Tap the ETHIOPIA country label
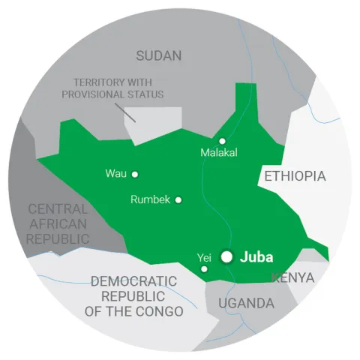[294, 176]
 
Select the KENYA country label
[292, 278]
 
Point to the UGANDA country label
[245, 303]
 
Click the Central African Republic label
[57, 223]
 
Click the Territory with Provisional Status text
[118, 88]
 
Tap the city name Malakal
[219, 153]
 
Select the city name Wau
[115, 174]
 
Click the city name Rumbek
[151, 199]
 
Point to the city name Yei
[203, 257]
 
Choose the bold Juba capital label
[257, 257]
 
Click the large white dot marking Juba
[227, 256]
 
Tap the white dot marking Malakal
[222, 141]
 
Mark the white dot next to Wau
[135, 174]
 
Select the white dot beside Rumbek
[178, 199]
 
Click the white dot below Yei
[205, 268]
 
